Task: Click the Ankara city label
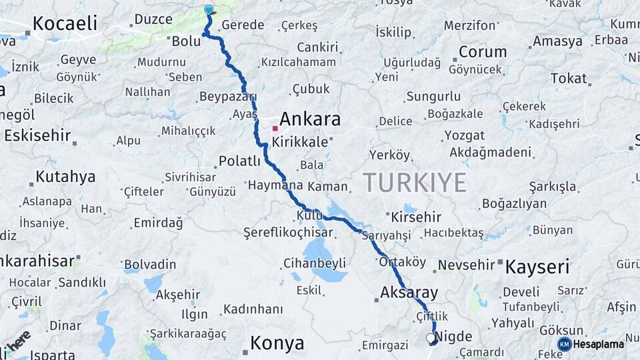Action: pos(310,119)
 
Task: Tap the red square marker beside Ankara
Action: pos(275,128)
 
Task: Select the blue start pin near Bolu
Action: pos(209,10)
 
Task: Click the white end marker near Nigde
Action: pos(431,338)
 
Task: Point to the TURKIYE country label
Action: pos(414,183)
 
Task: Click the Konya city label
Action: pos(277,343)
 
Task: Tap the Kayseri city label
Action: pos(537,267)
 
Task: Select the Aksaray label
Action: pos(409,292)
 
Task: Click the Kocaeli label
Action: pos(65,23)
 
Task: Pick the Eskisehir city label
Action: pos(37,135)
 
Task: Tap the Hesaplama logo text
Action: pos(600,344)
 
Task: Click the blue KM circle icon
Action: pos(564,344)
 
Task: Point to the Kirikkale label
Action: pos(299,142)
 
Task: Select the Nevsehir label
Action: pos(467,265)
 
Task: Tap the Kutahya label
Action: pos(65,177)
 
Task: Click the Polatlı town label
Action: pos(240,161)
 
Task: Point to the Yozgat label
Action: pos(465,135)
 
